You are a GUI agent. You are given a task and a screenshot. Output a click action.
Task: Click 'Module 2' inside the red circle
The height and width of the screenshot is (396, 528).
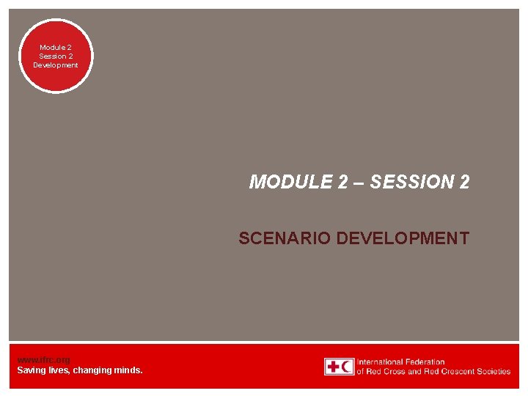(56, 47)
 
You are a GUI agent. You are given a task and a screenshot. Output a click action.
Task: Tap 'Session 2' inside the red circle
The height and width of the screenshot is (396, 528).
(56, 56)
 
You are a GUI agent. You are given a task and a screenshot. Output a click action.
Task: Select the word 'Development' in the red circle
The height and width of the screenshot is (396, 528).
(56, 65)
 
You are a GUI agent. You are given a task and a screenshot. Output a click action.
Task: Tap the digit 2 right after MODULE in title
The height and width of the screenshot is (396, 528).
(343, 183)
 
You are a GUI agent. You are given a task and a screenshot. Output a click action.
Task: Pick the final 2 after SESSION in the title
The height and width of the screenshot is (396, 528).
(463, 183)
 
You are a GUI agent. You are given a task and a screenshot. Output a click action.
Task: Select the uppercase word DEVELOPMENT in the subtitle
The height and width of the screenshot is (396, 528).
(402, 238)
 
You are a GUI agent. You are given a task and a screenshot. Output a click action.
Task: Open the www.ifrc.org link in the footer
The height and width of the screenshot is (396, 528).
(43, 360)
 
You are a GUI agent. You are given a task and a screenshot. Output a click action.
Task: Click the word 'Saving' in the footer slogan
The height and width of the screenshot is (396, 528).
(31, 370)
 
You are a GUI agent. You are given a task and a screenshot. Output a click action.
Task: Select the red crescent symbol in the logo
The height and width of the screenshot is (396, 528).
(347, 367)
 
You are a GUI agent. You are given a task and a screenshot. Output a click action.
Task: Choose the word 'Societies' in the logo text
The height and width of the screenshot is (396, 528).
(492, 372)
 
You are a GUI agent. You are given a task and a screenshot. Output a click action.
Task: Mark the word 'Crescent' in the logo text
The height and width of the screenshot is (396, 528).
(454, 372)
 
